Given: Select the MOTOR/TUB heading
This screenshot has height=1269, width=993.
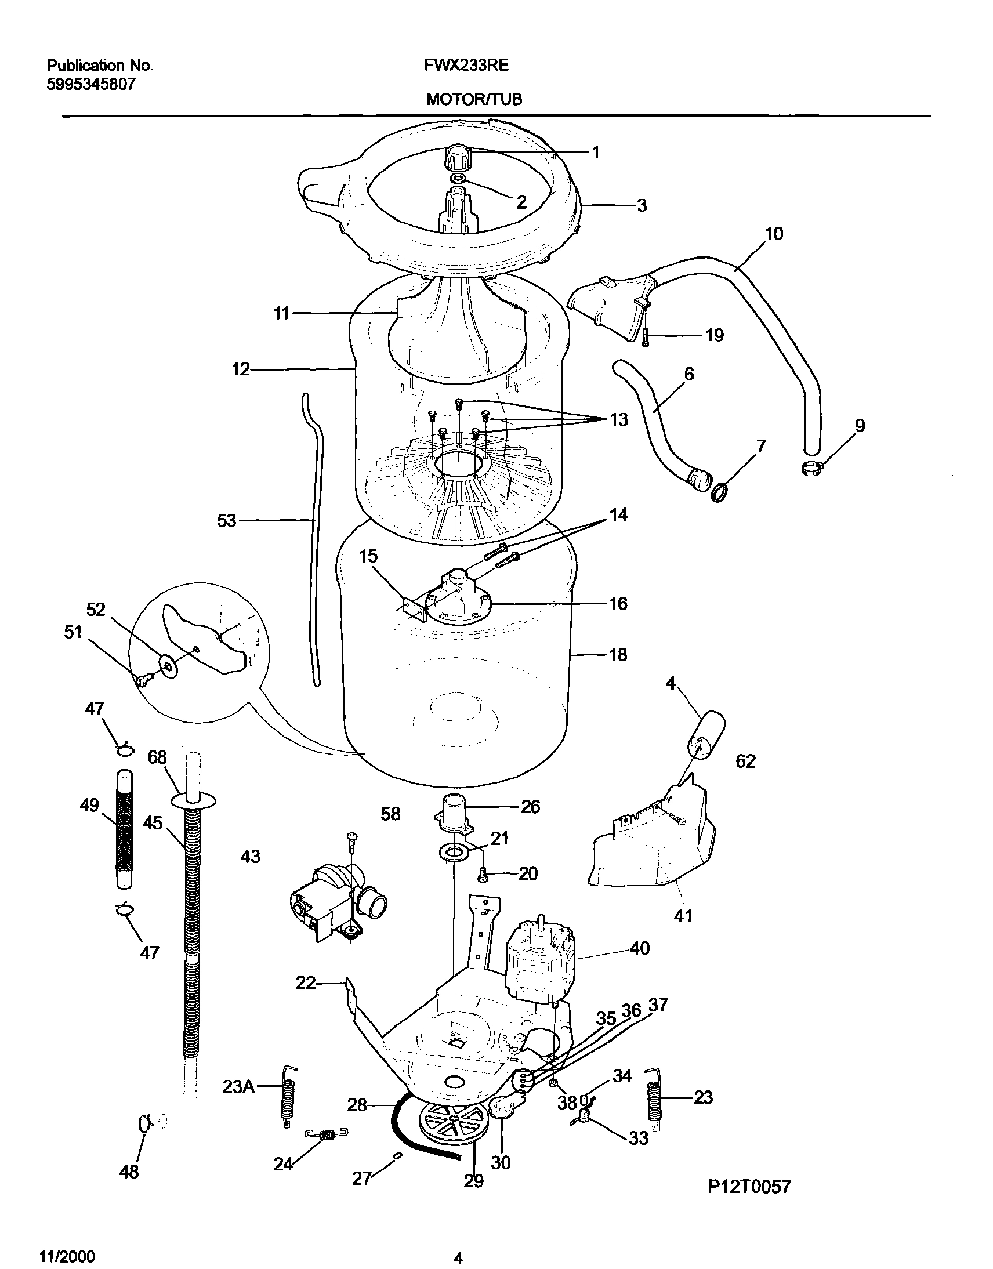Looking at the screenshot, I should (474, 100).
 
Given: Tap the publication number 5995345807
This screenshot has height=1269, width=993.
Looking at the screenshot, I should (90, 85).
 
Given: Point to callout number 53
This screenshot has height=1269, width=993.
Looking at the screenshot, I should (227, 520).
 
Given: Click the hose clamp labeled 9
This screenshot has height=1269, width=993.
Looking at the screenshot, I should (811, 466).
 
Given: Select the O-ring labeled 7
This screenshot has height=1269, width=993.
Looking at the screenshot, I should (720, 493).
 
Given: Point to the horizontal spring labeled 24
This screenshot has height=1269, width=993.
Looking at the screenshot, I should (327, 1133).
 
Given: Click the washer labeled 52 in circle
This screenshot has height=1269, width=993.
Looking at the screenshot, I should (169, 663).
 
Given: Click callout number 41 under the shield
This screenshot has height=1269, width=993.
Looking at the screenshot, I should (683, 916).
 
